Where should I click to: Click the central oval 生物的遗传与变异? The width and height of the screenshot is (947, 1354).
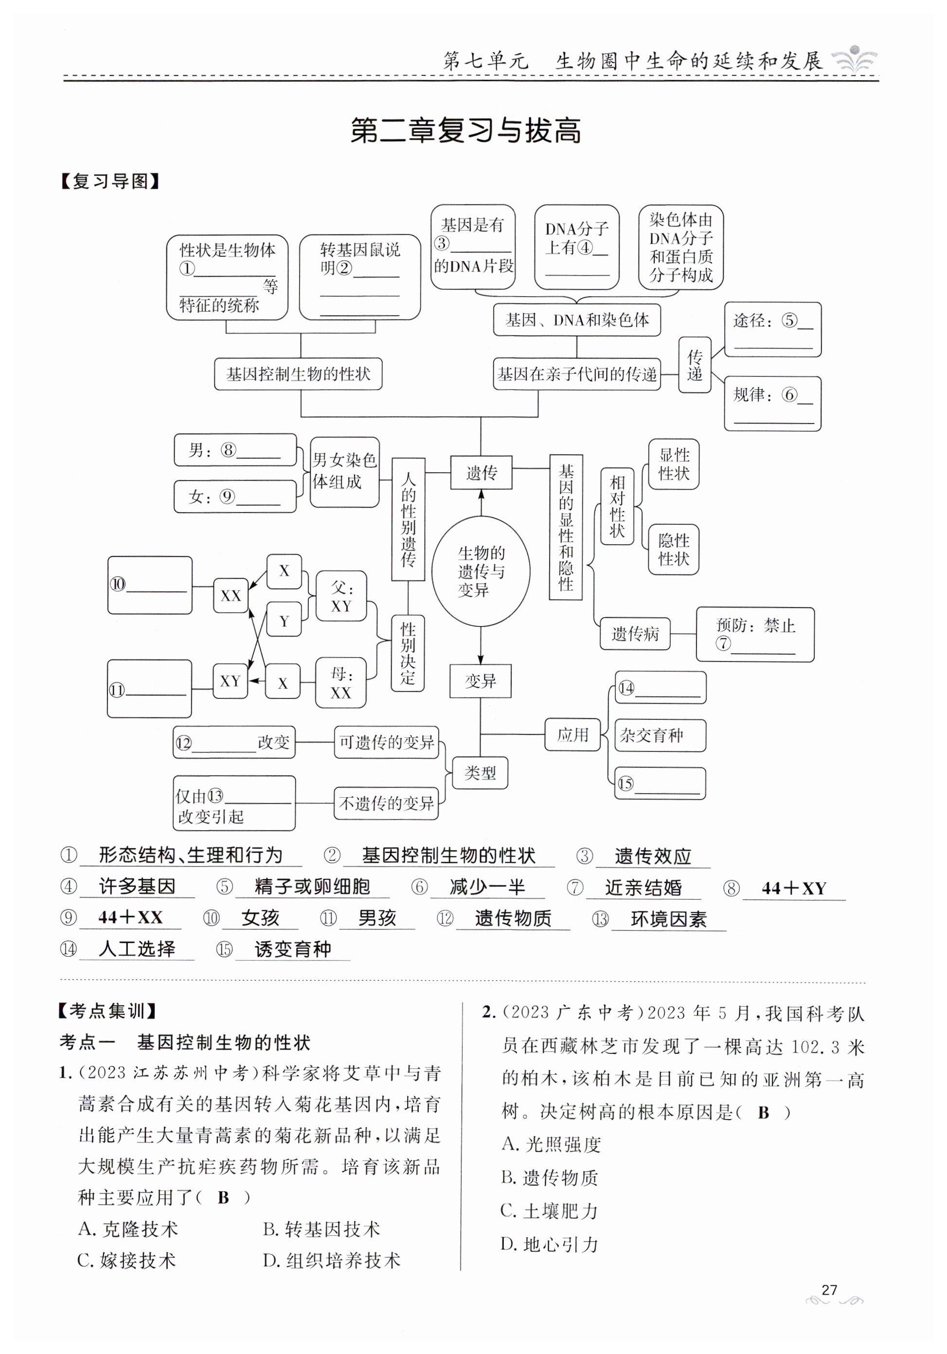coord(481,571)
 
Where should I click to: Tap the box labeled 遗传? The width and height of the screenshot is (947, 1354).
coord(481,472)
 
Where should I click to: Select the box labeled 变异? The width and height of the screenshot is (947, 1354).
coord(480,681)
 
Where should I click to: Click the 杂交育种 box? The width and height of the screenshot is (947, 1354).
coord(660,735)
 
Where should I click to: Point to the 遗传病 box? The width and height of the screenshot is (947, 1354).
coord(635,634)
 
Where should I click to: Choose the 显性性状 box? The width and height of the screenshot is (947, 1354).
coord(673,464)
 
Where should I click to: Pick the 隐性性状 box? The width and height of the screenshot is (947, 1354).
coord(673,550)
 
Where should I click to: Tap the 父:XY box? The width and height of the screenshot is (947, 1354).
coord(341,596)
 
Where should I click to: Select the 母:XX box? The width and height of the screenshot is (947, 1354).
coord(341,683)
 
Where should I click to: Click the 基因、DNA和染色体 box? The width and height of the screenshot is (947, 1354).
coord(577,320)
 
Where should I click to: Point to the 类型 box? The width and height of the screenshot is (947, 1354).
coord(480,772)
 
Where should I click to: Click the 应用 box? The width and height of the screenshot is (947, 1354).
coord(572,735)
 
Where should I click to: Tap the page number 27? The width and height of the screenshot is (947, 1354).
coord(829,1290)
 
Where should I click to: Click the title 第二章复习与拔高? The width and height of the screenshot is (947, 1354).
coord(466,130)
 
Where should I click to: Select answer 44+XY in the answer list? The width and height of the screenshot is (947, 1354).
coord(794,888)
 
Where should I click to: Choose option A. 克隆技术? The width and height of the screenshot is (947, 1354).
coord(128,1229)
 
